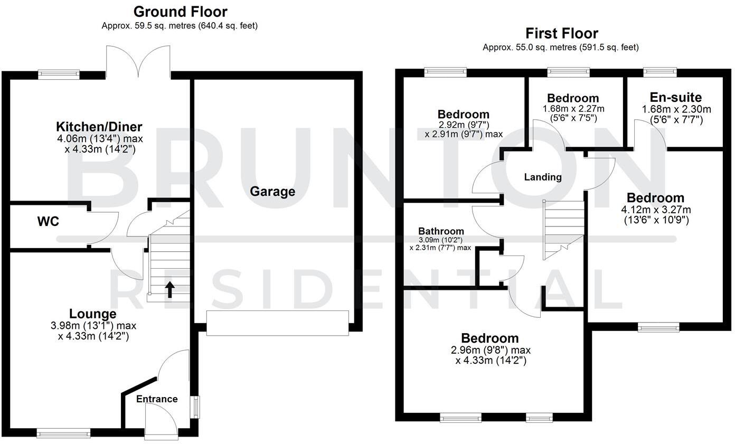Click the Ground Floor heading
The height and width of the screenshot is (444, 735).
pos(180,11)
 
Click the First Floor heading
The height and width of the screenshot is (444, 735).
pos(561,33)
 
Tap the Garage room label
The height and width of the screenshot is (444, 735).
pos(272,191)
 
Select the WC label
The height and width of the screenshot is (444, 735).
pos(48,221)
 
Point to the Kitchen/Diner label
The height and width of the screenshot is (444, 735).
pos(99,127)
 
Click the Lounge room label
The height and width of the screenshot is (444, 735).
pos(93,314)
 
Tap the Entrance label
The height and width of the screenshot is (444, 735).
pos(157,399)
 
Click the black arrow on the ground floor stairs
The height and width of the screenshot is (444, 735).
pos(170,289)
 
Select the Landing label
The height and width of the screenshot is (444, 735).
pos(543,177)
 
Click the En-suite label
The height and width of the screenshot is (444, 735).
pos(676,97)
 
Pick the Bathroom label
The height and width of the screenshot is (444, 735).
pos(441,231)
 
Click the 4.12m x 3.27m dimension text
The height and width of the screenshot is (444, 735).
pos(655,210)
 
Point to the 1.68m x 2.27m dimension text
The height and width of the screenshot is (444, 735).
pos(573,109)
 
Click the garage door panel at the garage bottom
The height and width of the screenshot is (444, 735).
pos(277,323)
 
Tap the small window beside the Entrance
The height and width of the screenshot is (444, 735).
pos(196,407)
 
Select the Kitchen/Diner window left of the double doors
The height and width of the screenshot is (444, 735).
pos(59,75)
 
